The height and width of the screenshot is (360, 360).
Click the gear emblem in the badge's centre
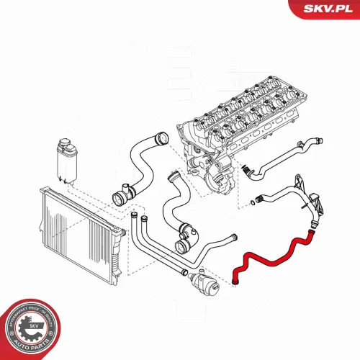coord(30,325)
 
